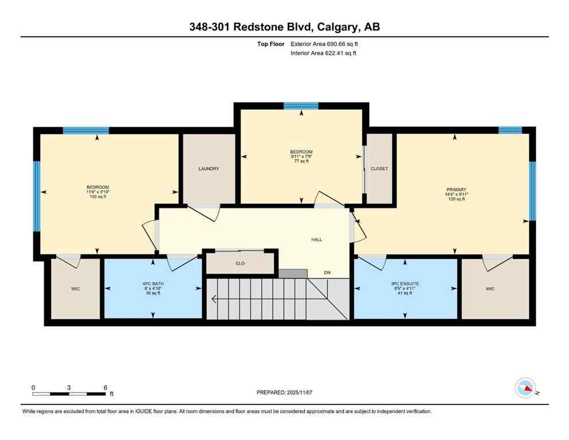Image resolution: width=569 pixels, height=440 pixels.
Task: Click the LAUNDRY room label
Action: tap(209, 168)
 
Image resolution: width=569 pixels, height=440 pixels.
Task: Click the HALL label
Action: tap(316, 239)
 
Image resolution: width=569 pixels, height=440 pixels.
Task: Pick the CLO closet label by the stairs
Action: tap(241, 264)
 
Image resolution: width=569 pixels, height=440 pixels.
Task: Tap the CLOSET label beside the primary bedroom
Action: tap(379, 168)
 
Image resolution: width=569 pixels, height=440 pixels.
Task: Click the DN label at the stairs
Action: tap(327, 273)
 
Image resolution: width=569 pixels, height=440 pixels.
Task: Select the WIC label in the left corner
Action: tap(76, 289)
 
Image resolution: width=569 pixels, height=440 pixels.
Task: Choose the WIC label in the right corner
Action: tap(490, 289)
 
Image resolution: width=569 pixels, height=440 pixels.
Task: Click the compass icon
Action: tap(525, 388)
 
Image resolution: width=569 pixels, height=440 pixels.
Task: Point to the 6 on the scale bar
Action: tap(105, 387)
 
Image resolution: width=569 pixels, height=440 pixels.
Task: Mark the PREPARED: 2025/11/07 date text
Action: tap(284, 392)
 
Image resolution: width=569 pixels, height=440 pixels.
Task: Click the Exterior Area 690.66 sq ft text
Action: tap(325, 44)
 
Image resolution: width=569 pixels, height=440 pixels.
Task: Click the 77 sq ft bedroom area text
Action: tap(301, 162)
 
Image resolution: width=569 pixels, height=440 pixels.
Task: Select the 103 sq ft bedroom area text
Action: tap(98, 197)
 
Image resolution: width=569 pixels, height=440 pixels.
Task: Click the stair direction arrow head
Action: tap(214, 298)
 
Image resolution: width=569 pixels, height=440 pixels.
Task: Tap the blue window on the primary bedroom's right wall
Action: tap(532, 191)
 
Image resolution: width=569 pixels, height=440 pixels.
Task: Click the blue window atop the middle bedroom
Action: tap(301, 105)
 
